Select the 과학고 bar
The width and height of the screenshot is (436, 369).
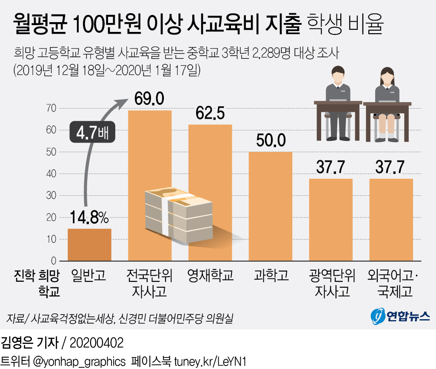coord(270,206)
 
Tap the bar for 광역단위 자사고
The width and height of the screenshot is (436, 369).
coord(331,219)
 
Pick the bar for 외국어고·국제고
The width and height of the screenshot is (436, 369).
coord(391,219)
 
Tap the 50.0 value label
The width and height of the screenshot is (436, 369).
coord(270,141)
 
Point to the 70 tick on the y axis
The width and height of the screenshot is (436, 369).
coord(51,109)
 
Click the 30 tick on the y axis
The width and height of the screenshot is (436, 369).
coord(51,196)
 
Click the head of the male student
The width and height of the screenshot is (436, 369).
coord(339,75)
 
